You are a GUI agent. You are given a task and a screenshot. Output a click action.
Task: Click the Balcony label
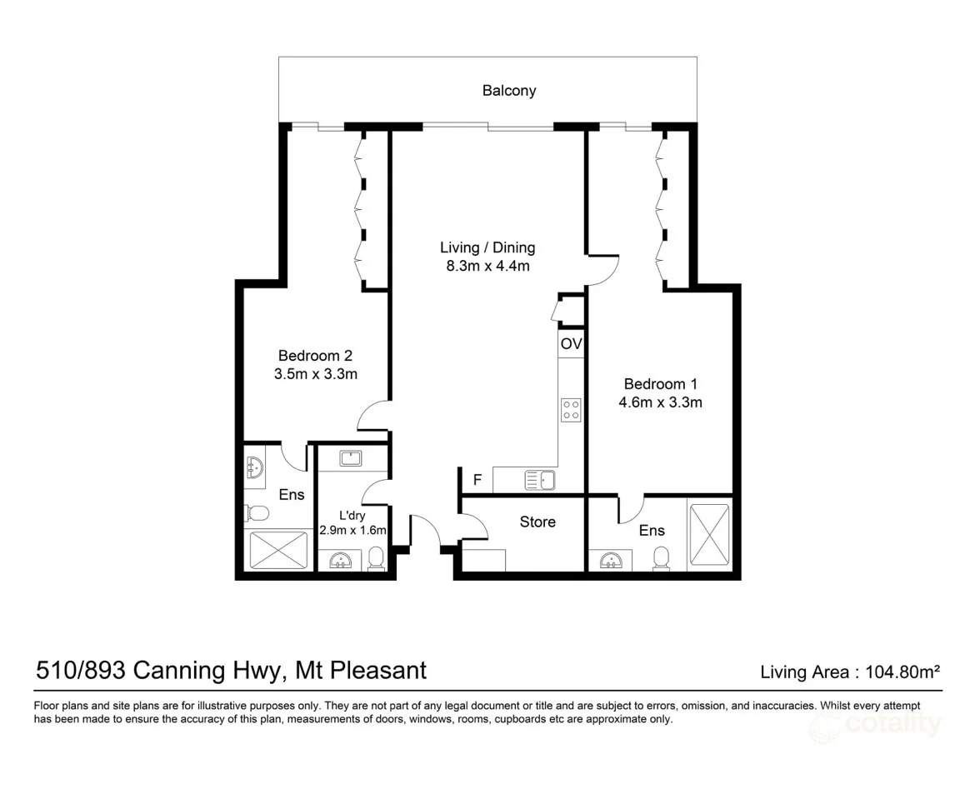click(508, 91)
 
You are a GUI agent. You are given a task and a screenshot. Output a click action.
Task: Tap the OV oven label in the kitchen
click(571, 344)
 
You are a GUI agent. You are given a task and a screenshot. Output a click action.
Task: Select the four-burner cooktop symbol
click(572, 409)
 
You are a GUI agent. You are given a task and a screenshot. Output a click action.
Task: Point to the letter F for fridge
click(477, 480)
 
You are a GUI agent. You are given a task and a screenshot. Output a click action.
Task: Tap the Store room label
click(537, 522)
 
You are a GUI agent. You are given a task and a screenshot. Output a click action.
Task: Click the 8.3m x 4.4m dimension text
click(487, 267)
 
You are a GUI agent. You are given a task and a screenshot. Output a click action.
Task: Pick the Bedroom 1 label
click(660, 384)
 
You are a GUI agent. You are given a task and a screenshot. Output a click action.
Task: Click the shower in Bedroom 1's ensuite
click(710, 533)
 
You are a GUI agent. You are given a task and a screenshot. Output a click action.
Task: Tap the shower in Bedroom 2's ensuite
click(279, 551)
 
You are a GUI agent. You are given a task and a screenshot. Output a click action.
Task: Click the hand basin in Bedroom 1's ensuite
click(610, 561)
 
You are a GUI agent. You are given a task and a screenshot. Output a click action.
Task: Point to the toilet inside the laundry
click(376, 558)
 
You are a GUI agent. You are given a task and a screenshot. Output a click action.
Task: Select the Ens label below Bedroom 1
click(652, 530)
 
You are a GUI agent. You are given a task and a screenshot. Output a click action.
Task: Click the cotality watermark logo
click(878, 725)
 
